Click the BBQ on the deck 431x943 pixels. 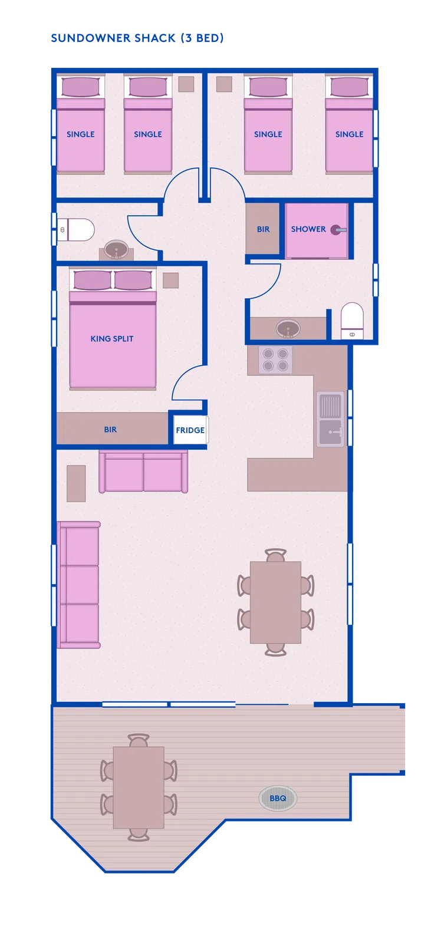pos(278,798)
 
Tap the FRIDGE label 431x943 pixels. pos(190,430)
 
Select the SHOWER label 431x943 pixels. pos(308,229)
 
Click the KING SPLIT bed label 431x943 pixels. pos(112,338)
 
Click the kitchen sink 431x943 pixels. pos(330,419)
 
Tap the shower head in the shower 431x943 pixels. pos(338,230)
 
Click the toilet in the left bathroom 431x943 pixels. pos(76,230)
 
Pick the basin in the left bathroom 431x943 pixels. pos(116,250)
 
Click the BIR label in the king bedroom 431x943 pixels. pos(110,430)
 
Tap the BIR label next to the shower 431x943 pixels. pos(264,229)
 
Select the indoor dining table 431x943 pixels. pos(275,602)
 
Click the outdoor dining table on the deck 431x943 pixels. pos(139,787)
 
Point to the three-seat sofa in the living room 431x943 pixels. pos(79,585)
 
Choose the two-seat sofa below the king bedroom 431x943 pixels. pos(143,471)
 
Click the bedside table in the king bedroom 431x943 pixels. pos(170,281)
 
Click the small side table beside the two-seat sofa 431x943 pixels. pos(76,483)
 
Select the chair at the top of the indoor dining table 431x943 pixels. pos(275,555)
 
